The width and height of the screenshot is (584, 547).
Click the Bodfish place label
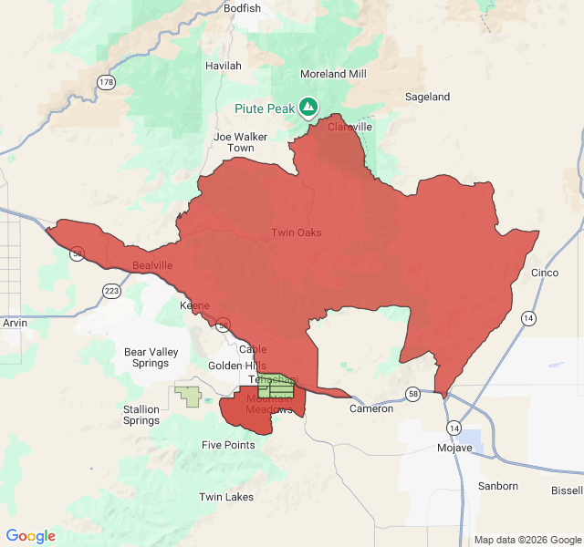pyautogui.click(x=242, y=8)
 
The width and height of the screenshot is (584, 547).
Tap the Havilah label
pyautogui.click(x=224, y=66)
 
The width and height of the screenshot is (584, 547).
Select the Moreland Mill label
pyautogui.click(x=333, y=74)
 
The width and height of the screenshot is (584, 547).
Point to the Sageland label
pyautogui.click(x=427, y=97)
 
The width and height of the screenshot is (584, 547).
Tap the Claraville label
pyautogui.click(x=349, y=127)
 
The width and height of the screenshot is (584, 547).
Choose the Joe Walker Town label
pyautogui.click(x=241, y=142)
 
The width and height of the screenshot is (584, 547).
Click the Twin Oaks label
pyautogui.click(x=296, y=232)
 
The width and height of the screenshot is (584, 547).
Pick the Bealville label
pyautogui.click(x=152, y=265)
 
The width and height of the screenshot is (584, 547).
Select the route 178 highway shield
pyautogui.click(x=107, y=82)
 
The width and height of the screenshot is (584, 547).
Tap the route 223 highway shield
pyautogui.click(x=111, y=291)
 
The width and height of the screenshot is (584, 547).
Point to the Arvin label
pyautogui.click(x=16, y=323)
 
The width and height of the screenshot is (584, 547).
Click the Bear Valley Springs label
pyautogui.click(x=151, y=357)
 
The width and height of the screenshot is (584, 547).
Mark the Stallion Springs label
pyautogui.click(x=141, y=415)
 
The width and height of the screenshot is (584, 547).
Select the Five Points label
pyautogui.click(x=228, y=445)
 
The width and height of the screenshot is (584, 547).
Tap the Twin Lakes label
pyautogui.click(x=226, y=497)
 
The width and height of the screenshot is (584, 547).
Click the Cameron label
pyautogui.click(x=371, y=408)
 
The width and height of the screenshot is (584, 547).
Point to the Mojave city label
pyautogui.click(x=454, y=448)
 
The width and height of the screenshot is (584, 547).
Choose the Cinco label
pyautogui.click(x=544, y=273)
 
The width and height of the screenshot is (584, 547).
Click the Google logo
pyautogui.click(x=31, y=536)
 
